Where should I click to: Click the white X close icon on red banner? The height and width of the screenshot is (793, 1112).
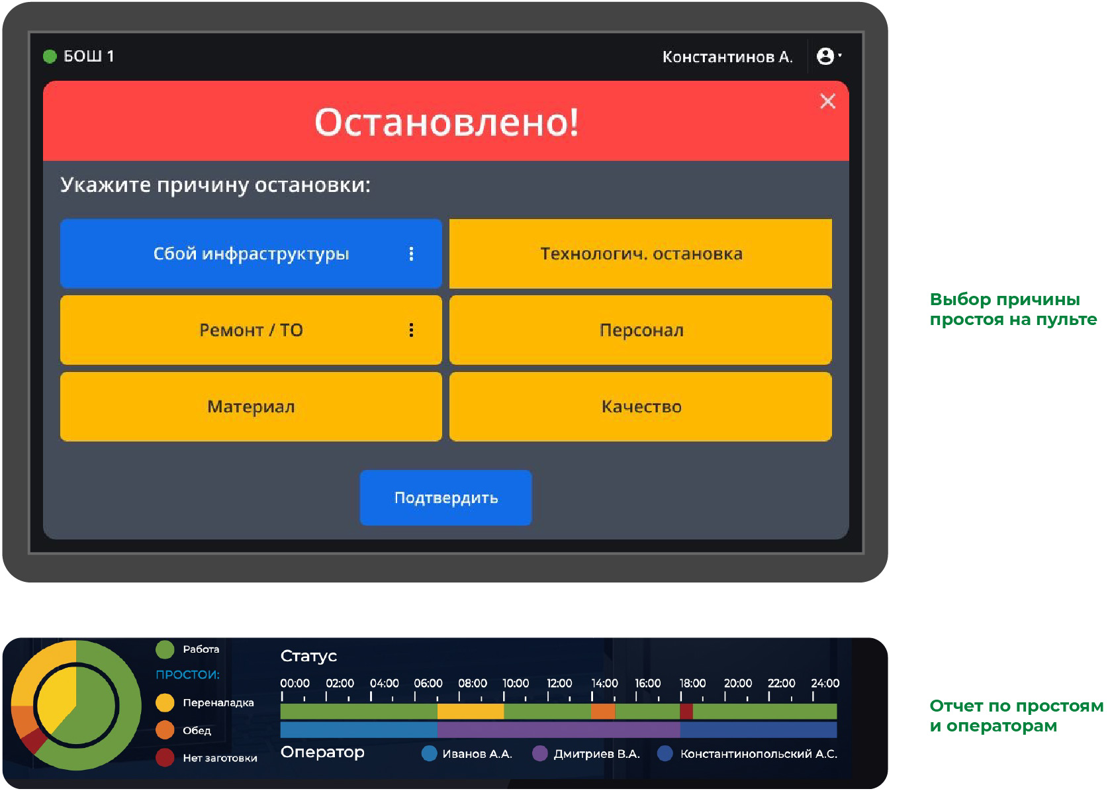827,101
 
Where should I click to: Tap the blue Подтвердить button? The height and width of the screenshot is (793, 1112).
446,498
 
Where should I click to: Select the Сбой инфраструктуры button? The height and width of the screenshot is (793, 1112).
252,254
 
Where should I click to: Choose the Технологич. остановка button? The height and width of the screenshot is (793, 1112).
641,254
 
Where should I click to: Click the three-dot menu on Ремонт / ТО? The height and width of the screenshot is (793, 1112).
411,330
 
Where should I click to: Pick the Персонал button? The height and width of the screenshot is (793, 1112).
641,330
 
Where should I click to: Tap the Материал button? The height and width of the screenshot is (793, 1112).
252,406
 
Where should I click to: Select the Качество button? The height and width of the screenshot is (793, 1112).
641,406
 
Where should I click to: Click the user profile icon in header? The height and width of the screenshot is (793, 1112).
825,56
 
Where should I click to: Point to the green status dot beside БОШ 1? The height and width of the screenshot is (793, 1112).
50,56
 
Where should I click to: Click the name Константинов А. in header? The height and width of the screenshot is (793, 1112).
727,57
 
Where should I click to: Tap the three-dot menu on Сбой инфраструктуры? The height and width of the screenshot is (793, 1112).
411,254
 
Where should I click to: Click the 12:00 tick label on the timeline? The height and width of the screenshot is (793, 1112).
559,683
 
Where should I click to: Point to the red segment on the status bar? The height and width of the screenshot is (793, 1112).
686,711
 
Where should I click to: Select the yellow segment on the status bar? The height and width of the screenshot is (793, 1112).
471,711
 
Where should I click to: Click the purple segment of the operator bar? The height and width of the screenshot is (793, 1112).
559,729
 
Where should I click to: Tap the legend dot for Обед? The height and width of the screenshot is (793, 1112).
165,730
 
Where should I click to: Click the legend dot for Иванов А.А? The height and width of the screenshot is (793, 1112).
429,753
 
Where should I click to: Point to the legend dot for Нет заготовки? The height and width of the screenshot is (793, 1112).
165,758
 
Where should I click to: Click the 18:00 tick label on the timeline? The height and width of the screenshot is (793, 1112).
692,683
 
